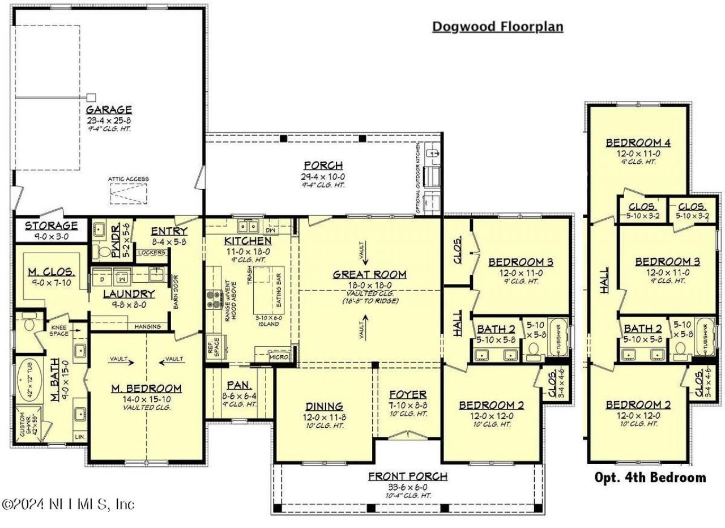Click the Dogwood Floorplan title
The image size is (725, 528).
[x=497, y=27]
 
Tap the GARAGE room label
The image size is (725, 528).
[x=109, y=109]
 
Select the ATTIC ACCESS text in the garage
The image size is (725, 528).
[x=129, y=179]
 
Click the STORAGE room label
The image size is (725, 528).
[x=51, y=225]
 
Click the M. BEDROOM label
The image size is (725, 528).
[x=147, y=388]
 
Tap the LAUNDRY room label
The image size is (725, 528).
[x=129, y=293]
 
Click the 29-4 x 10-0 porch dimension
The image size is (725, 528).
[x=323, y=176]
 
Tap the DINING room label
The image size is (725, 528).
[x=324, y=406]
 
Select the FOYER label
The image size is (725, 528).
[x=408, y=394]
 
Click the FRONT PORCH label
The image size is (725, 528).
[x=407, y=476]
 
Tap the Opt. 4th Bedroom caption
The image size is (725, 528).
[x=650, y=478]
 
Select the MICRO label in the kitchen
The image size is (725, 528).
[x=279, y=357]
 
